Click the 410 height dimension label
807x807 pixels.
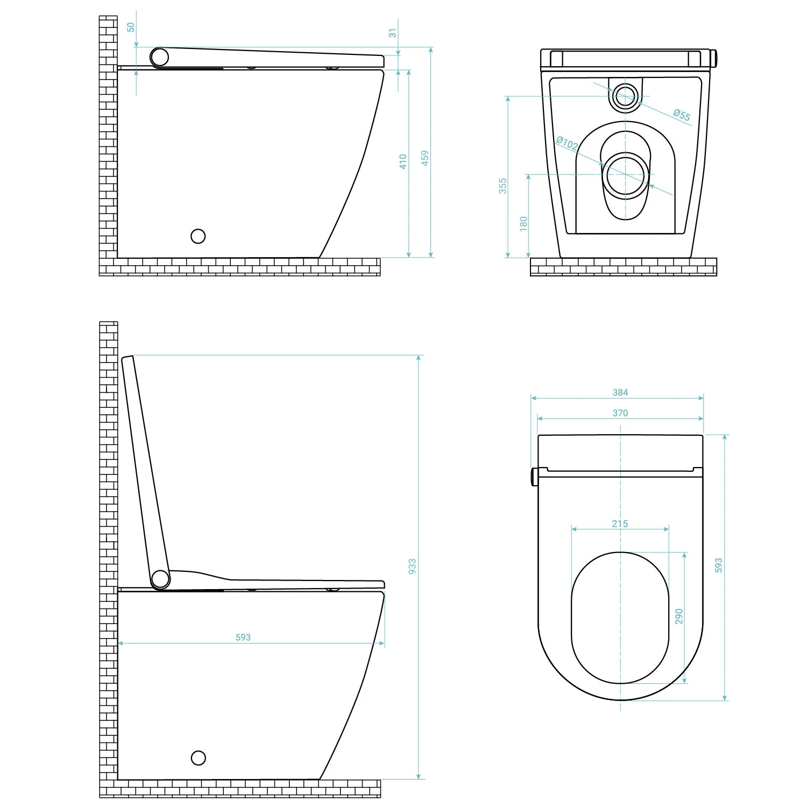point(403,162)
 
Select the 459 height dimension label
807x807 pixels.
point(425,158)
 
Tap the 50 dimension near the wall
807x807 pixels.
point(131,27)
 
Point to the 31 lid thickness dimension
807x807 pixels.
point(393,33)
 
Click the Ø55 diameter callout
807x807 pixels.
point(682,115)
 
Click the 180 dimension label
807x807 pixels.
point(524,223)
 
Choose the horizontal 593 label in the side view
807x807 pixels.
point(243,637)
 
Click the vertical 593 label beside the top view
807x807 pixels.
point(719,565)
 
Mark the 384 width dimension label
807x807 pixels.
point(620,393)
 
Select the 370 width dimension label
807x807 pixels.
point(620,413)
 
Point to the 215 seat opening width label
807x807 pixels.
point(620,523)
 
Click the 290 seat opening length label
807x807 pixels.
point(679,617)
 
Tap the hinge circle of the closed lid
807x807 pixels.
point(159,57)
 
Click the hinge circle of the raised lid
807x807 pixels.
point(160,579)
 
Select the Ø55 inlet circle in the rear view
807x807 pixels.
point(625,97)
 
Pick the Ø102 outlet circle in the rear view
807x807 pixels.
point(626,175)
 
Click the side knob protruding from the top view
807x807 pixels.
point(534,476)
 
